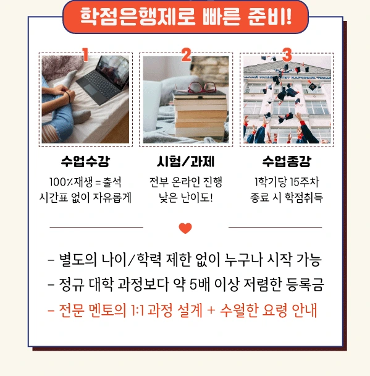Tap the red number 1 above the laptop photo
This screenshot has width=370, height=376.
85,54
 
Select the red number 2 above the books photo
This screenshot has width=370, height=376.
186,54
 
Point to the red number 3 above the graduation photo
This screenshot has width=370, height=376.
287,54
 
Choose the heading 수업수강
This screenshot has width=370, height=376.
85,162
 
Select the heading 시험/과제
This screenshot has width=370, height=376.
185,162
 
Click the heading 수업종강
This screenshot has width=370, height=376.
286,162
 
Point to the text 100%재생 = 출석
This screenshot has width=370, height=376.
85,182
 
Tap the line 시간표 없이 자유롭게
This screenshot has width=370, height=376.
85,198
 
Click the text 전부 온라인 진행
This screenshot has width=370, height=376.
185,182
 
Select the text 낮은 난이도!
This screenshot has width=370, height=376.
185,198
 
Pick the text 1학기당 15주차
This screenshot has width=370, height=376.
286,182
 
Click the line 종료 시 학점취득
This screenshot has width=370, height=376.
286,198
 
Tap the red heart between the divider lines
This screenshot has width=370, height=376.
185,229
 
